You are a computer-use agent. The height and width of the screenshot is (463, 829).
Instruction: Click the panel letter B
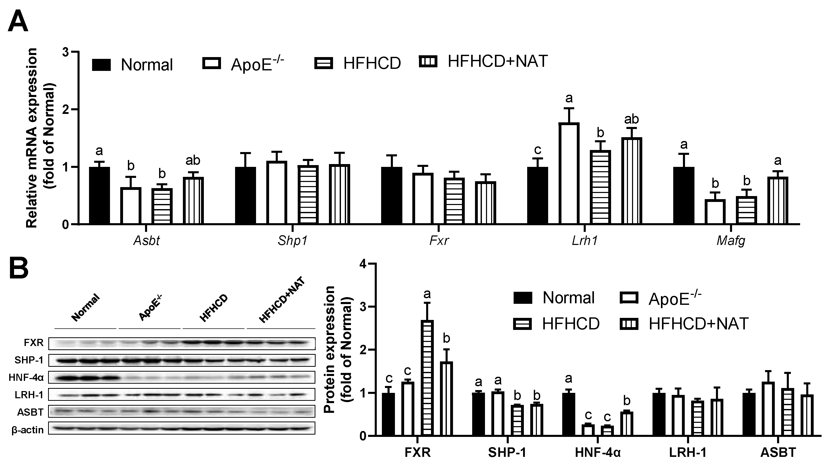pyautogui.click(x=19, y=270)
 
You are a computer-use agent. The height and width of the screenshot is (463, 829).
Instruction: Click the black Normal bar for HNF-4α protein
pyautogui.click(x=568, y=414)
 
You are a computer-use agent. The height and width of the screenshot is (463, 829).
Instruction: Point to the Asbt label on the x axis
pyautogui.click(x=146, y=241)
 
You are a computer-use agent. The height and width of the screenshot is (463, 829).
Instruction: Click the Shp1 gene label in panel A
pyautogui.click(x=292, y=241)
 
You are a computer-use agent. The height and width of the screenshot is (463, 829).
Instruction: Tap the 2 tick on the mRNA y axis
pyautogui.click(x=66, y=110)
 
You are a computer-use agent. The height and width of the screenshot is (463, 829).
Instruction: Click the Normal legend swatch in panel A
pyautogui.click(x=101, y=64)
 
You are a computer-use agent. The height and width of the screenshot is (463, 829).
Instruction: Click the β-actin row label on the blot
pyautogui.click(x=28, y=429)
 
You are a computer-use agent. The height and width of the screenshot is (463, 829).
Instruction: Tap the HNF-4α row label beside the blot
pyautogui.click(x=26, y=377)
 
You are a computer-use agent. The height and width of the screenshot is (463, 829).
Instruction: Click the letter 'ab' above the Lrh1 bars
pyautogui.click(x=631, y=119)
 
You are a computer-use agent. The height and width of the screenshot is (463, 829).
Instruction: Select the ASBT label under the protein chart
pyautogui.click(x=778, y=452)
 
